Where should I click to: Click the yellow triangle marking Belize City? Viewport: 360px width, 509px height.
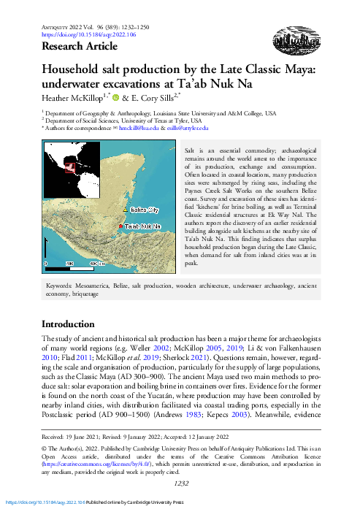pos(125,210)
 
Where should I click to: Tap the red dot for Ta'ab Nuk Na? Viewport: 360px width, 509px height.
pos(120,226)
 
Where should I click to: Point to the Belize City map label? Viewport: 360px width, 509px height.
pos(144,210)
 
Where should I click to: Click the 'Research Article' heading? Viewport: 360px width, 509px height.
pos(80,47)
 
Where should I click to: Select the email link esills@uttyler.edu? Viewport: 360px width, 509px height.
pos(188,128)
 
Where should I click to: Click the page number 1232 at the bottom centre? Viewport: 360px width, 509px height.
pos(180,482)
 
